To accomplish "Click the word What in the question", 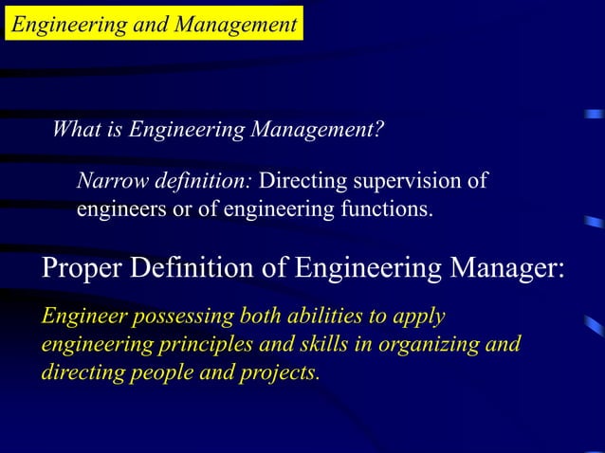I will click(76, 129).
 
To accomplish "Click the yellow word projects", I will click(278, 371).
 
